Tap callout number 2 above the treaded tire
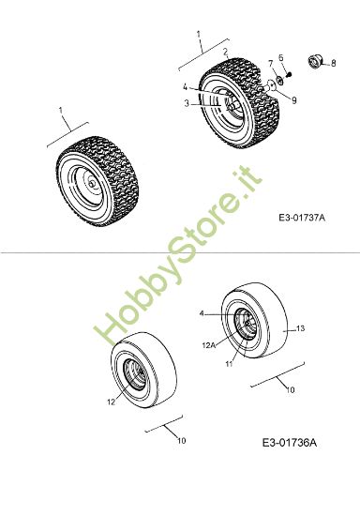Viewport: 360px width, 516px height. [225, 52]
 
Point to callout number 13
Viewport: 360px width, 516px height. [301, 328]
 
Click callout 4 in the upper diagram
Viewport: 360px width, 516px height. [186, 87]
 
